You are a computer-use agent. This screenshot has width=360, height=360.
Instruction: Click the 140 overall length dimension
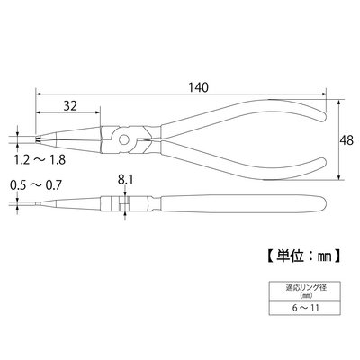click(198, 87)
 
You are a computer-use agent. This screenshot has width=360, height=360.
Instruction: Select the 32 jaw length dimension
click(70, 105)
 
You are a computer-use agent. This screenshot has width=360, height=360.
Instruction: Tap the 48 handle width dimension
click(347, 140)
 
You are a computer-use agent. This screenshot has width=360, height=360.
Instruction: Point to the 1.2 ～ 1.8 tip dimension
click(40, 159)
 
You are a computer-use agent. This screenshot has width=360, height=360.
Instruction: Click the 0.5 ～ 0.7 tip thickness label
click(36, 185)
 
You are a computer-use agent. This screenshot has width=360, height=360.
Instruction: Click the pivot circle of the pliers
click(123, 139)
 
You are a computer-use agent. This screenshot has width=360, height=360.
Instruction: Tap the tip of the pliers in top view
click(38, 139)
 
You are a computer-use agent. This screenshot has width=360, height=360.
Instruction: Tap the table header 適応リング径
click(304, 289)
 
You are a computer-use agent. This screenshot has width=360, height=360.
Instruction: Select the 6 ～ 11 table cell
click(304, 308)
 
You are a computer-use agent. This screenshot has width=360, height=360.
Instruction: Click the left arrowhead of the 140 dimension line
click(38, 94)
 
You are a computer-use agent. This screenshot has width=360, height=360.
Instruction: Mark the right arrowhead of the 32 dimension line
click(97, 112)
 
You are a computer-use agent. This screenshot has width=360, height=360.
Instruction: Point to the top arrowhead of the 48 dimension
click(338, 102)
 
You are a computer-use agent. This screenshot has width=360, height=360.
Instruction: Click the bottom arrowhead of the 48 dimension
click(338, 177)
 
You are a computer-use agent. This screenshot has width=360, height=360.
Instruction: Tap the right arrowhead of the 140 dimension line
click(323, 94)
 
